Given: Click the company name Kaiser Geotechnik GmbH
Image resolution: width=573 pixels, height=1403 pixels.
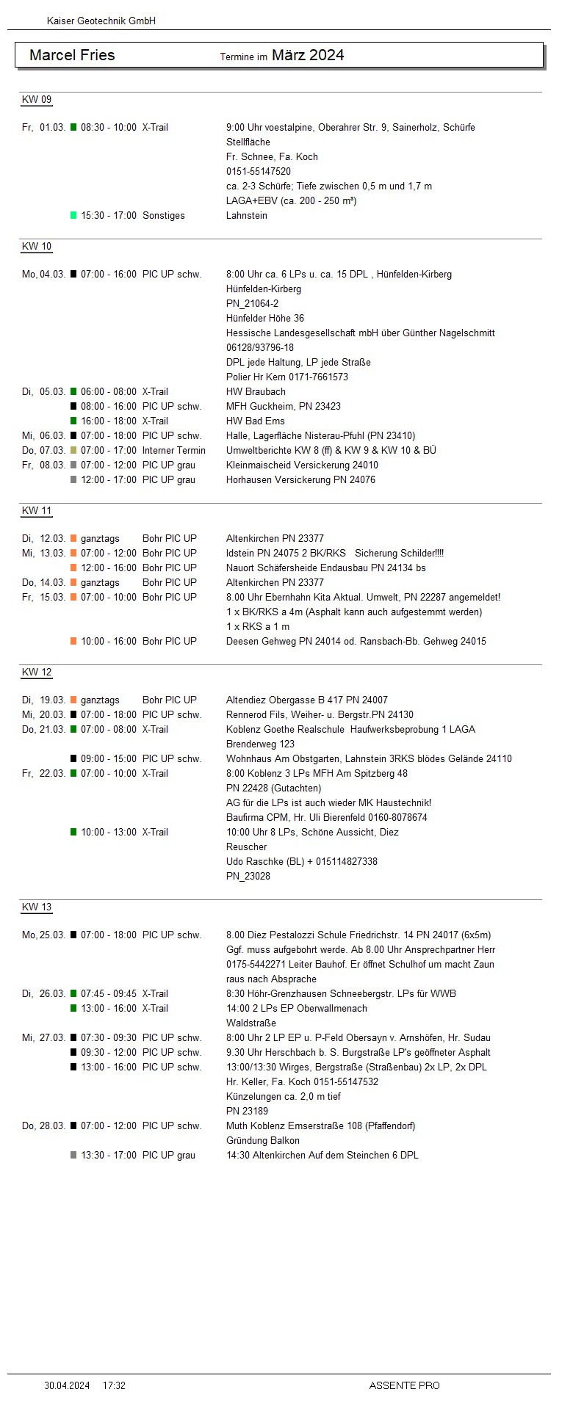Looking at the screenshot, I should (101, 21).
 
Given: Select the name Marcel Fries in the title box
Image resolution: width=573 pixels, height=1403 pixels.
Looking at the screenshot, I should (72, 55).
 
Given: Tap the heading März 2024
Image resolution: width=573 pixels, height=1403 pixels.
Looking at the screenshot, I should (308, 55).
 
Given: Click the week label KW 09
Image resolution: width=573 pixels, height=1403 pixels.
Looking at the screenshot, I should (37, 100).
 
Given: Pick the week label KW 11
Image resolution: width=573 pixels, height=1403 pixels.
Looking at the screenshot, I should (37, 511).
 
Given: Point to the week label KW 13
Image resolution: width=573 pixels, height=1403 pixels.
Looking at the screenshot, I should (37, 907).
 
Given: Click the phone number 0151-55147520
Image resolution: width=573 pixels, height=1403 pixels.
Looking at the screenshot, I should (259, 171).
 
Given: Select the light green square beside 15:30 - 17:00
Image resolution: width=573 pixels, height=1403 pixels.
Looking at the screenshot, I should (73, 215).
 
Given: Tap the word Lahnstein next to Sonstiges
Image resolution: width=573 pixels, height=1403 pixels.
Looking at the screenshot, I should (247, 215).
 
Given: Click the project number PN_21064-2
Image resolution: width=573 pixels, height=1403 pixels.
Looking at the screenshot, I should (252, 303).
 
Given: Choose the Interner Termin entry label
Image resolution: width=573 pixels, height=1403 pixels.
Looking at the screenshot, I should (174, 450).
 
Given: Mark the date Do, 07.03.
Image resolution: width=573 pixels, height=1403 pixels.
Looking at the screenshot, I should (43, 450).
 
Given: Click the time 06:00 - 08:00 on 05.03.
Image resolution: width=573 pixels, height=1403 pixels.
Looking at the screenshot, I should (109, 391).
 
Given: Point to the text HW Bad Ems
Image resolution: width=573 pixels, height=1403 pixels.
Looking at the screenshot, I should (255, 421).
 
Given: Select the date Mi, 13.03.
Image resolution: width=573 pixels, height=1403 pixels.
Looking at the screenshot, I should (43, 553).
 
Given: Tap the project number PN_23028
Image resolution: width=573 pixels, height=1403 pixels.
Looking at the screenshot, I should (248, 876).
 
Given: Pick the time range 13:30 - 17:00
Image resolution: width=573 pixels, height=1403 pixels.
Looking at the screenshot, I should (109, 1155).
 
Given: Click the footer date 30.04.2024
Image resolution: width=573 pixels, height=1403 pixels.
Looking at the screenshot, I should (67, 1385).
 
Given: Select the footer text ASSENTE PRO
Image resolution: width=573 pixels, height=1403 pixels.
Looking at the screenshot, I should (404, 1385).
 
